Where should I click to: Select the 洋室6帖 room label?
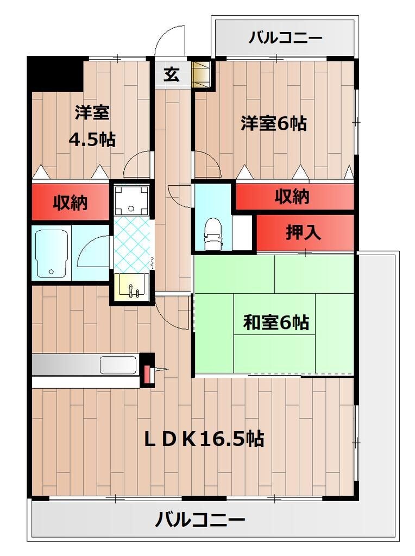(x=274, y=124)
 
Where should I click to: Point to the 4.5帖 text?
(x=91, y=140)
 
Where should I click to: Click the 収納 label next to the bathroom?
(x=70, y=203)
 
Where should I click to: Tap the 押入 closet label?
(x=304, y=233)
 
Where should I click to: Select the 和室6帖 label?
(x=275, y=323)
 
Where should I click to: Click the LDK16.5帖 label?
(x=204, y=438)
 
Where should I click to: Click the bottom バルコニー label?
(x=200, y=520)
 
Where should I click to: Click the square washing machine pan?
(x=131, y=199)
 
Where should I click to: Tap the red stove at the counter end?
(x=147, y=374)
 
